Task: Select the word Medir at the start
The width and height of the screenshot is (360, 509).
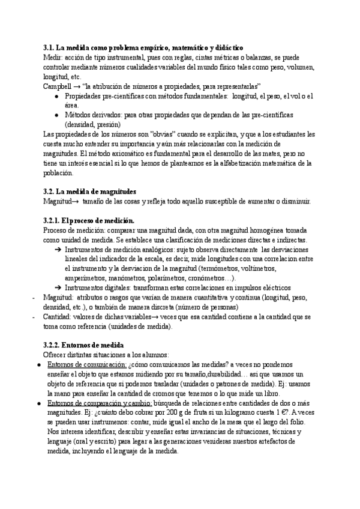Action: coord(53,57)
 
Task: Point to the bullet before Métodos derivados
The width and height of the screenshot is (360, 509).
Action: coord(56,115)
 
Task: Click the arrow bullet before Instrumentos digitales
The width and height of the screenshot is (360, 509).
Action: coord(58,288)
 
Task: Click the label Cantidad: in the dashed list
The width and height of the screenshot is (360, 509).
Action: coord(59,317)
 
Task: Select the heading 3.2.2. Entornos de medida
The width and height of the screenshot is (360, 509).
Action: coord(87,346)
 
